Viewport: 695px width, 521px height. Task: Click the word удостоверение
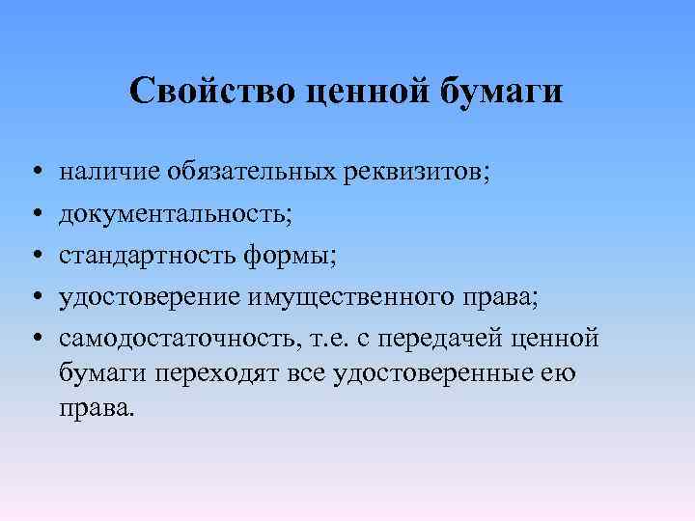click(149, 297)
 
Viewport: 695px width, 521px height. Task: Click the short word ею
click(560, 372)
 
